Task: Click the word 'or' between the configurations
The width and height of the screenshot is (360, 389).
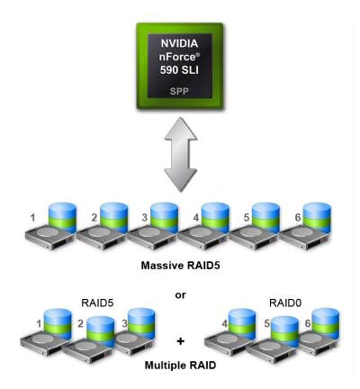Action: pos(181,294)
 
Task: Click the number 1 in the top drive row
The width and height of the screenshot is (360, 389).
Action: pos(32,217)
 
